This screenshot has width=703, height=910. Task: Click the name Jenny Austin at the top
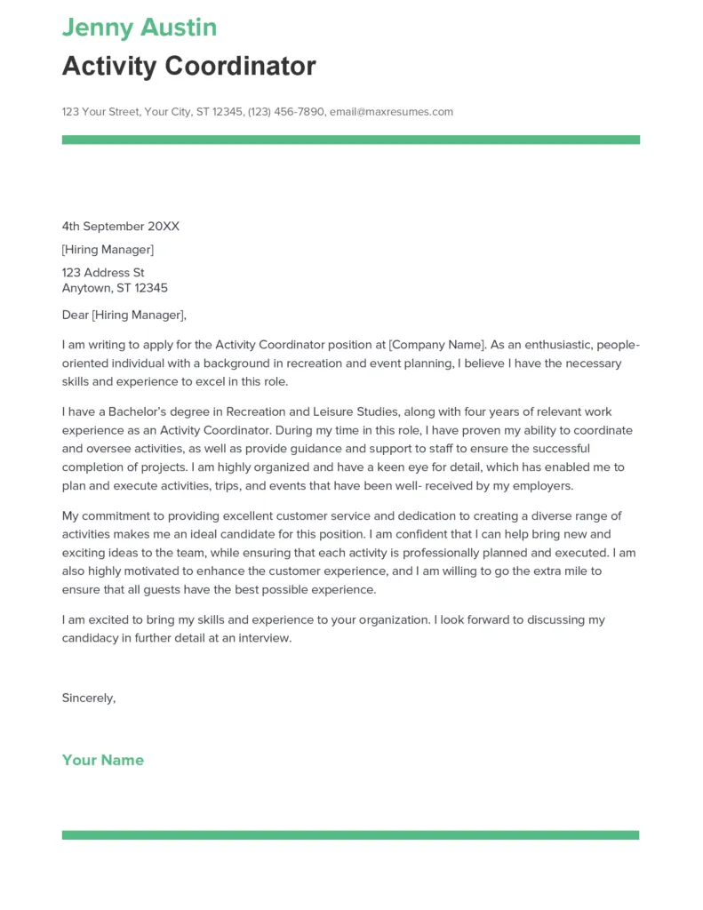(x=139, y=28)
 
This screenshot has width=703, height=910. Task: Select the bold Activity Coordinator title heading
(x=188, y=66)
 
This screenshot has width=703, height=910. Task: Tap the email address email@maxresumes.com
(x=391, y=112)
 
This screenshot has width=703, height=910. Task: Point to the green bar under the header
(x=350, y=140)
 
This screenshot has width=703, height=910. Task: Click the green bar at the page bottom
(x=350, y=835)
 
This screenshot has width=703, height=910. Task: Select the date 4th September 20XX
(x=120, y=227)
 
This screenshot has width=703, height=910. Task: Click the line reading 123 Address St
(x=103, y=273)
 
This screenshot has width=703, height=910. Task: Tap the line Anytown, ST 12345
(x=115, y=288)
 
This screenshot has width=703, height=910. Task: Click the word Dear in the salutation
(x=76, y=315)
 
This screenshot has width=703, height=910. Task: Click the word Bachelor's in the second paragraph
(x=136, y=411)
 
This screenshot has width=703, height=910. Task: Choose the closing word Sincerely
(x=88, y=698)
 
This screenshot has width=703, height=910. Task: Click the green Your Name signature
(x=102, y=760)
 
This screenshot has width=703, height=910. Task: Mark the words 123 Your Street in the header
(x=100, y=112)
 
